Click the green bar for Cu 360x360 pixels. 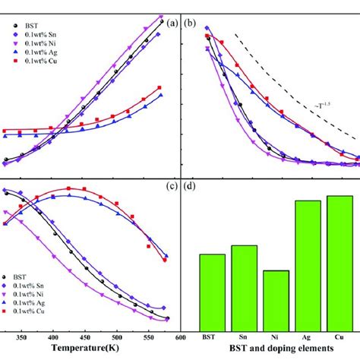[x=339, y=262]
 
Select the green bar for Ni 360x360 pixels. [x=276, y=299]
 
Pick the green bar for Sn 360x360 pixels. [x=245, y=286]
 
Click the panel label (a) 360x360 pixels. [x=172, y=23]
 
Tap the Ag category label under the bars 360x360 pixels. [x=308, y=336]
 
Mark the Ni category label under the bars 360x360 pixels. [x=276, y=336]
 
